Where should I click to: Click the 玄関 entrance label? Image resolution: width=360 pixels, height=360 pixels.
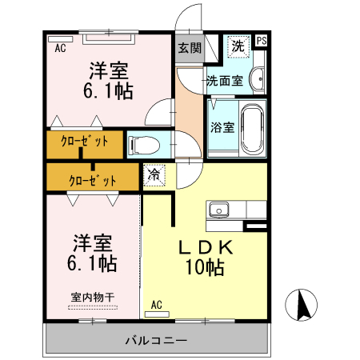190,47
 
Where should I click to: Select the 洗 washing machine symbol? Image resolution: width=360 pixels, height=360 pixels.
237,46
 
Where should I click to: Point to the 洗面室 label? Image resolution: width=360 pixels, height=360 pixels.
224,81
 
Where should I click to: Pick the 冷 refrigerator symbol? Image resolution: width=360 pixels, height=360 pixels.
153,175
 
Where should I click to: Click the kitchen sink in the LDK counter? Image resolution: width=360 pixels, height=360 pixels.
218,210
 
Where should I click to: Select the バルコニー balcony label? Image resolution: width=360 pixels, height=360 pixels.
156,340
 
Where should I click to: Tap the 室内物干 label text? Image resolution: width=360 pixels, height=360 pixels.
92,297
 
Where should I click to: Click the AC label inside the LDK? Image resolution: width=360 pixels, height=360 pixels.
157,304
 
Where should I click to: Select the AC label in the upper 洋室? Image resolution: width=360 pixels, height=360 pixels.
60,48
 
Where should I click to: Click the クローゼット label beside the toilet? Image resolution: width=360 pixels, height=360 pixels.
84,145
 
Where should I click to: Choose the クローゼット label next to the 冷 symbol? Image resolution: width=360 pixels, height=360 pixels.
93,180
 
